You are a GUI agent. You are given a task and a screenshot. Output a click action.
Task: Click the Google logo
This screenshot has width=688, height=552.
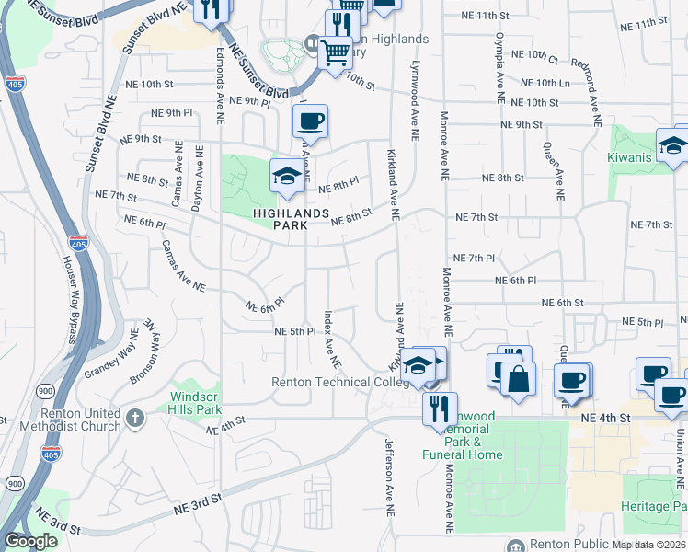pos(29,541)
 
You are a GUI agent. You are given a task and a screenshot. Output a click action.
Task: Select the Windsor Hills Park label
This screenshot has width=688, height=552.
pos(195,402)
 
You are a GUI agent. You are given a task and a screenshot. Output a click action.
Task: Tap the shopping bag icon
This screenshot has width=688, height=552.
pos(518,379)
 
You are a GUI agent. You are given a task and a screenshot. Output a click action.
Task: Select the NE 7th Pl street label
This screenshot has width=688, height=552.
pos(475,259)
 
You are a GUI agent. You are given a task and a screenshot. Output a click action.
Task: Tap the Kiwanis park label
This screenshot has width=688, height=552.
pos(630,157)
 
